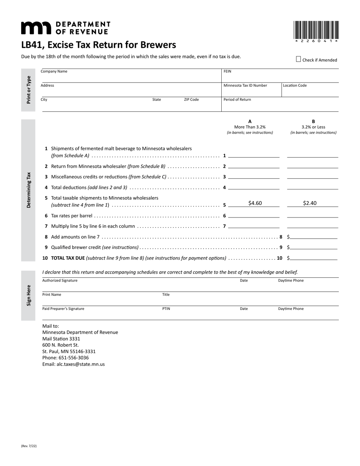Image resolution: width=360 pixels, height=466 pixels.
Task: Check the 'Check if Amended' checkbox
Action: (298, 59)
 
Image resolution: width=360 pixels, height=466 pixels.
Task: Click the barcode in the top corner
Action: (316, 30)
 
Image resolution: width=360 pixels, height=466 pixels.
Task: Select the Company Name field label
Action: (54, 71)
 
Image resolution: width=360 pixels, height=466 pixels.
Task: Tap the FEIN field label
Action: (227, 71)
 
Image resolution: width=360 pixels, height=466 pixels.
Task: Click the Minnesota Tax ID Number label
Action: (245, 86)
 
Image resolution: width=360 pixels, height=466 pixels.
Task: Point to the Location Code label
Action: (295, 86)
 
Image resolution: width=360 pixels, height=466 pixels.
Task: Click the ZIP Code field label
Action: (191, 100)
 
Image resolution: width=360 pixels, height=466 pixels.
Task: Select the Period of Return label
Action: (237, 100)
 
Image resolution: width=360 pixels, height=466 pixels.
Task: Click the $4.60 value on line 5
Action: (255, 203)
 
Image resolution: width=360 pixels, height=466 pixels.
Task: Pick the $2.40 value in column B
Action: (310, 203)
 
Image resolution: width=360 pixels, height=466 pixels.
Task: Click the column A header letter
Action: (250, 122)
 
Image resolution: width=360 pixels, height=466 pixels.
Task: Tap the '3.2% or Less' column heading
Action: (313, 127)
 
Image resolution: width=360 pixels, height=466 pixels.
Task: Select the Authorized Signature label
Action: (60, 281)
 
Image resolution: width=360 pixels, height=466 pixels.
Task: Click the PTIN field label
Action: (166, 309)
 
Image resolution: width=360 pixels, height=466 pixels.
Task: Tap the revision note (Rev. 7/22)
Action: (29, 446)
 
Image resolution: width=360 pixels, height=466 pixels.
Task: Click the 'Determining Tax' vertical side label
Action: (28, 190)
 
